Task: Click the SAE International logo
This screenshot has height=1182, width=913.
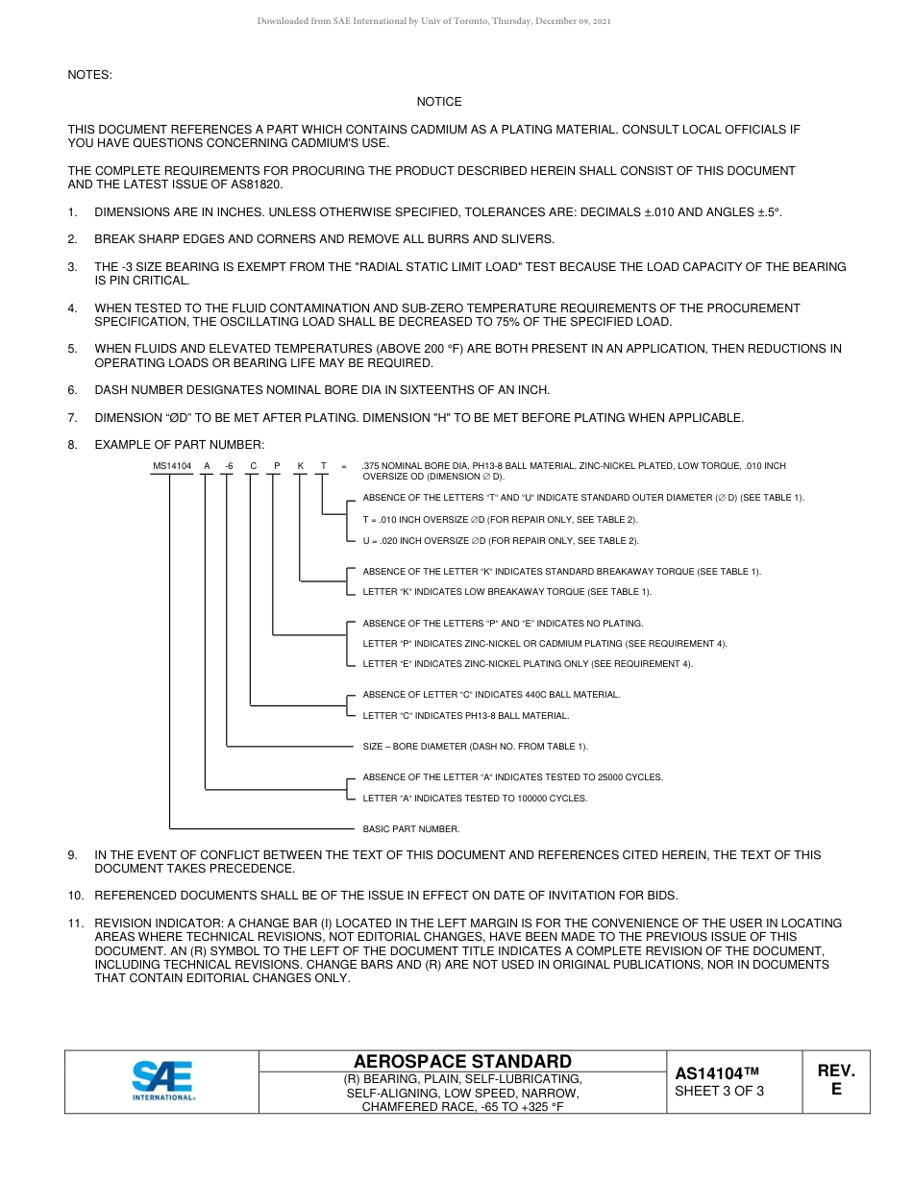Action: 163,1080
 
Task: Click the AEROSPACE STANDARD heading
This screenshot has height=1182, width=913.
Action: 462,1061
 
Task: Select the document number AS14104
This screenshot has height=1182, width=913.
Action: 717,1073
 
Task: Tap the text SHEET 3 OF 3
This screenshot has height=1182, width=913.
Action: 719,1091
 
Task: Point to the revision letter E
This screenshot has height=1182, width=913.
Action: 836,1090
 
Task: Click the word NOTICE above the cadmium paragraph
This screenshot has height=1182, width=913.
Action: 439,102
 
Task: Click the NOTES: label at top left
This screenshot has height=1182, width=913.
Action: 89,75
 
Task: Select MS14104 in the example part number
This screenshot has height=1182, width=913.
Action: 172,466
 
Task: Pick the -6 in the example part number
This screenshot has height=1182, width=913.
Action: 228,466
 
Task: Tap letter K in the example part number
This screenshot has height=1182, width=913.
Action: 300,466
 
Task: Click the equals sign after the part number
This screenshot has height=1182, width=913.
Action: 344,466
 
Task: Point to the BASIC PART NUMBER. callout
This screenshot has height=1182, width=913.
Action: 410,828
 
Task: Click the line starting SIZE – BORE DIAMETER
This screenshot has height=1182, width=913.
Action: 475,747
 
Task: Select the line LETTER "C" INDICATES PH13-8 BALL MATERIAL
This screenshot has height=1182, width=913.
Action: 465,716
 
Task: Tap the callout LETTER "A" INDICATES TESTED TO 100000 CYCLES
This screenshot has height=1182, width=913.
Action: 474,799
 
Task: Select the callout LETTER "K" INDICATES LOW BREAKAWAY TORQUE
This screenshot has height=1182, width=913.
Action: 506,592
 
